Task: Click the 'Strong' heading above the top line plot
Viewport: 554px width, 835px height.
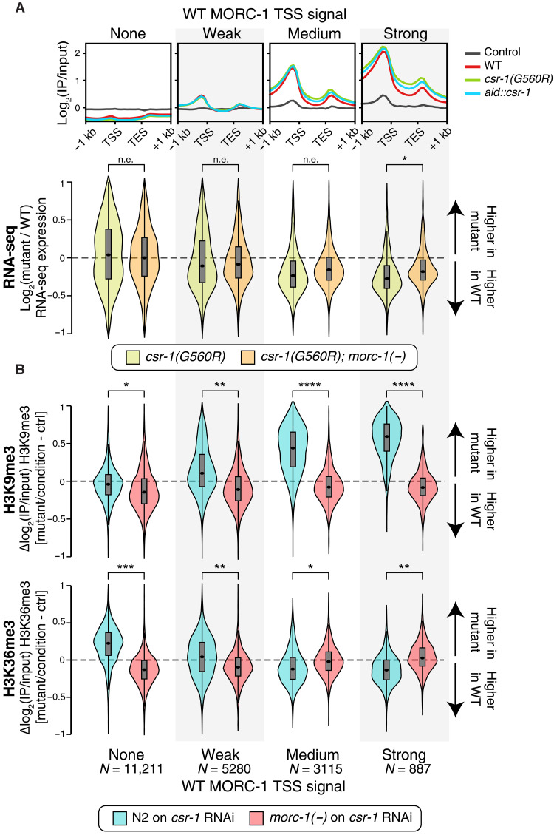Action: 403,33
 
